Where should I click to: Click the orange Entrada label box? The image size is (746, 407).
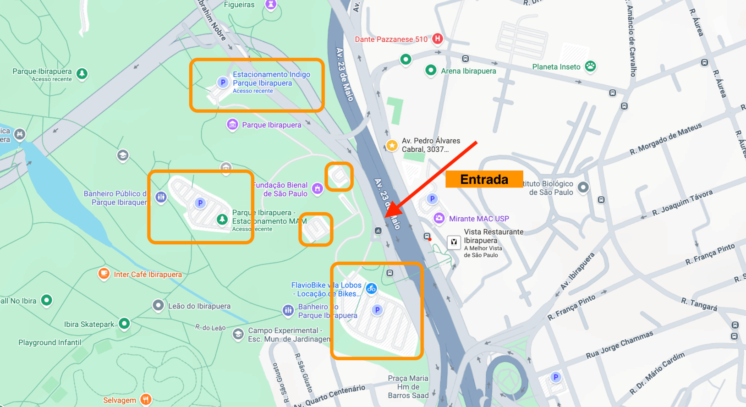(x=484, y=179)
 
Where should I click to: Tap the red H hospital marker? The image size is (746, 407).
(x=438, y=38)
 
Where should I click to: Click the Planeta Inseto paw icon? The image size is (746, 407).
(x=590, y=66)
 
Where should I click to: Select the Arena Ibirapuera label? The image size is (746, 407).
(x=468, y=71)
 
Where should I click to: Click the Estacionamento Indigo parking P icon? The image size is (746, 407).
(x=223, y=82)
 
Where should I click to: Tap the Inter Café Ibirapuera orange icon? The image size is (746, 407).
(x=104, y=274)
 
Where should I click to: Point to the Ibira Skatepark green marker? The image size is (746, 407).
(x=124, y=323)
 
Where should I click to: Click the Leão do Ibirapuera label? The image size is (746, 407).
(x=199, y=306)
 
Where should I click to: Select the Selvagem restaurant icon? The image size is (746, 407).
(x=146, y=400)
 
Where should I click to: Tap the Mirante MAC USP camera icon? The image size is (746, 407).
(x=439, y=218)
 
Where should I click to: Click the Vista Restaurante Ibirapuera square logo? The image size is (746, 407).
(x=454, y=242)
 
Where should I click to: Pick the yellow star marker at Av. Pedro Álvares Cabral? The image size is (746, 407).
(x=392, y=145)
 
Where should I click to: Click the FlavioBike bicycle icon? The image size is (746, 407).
(x=372, y=288)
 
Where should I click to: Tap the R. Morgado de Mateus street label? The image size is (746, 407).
(x=665, y=139)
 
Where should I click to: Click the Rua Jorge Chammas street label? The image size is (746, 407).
(x=620, y=345)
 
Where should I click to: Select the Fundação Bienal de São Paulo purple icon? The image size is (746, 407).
(x=317, y=188)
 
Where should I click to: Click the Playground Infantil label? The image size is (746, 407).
(x=49, y=342)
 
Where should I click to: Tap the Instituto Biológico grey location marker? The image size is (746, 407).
(x=583, y=187)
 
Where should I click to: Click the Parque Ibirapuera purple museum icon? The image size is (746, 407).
(x=232, y=124)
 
